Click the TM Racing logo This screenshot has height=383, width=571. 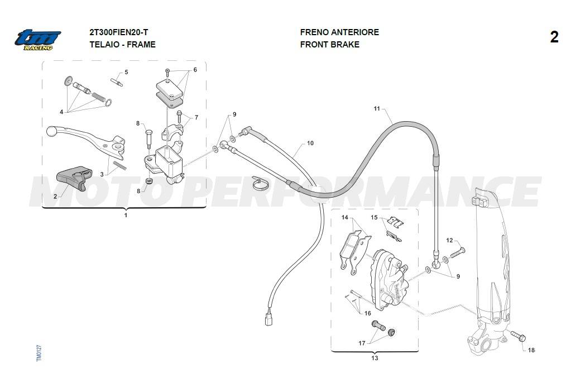pyautogui.click(x=38, y=39)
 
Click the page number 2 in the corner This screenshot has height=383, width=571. pyautogui.click(x=554, y=37)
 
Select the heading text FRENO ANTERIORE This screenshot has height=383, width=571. pyautogui.click(x=339, y=32)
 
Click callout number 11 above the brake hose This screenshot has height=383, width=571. pyautogui.click(x=377, y=108)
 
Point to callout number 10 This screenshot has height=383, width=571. pyautogui.click(x=310, y=143)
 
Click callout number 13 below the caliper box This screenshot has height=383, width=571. pyautogui.click(x=375, y=358)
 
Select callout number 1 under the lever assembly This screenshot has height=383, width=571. pyautogui.click(x=126, y=215)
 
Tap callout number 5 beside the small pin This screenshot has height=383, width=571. pyautogui.click(x=126, y=72)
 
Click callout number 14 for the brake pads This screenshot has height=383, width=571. pyautogui.click(x=344, y=217)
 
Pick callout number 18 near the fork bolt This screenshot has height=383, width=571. pyautogui.click(x=531, y=350)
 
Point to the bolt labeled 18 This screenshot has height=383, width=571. pyautogui.click(x=517, y=336)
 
